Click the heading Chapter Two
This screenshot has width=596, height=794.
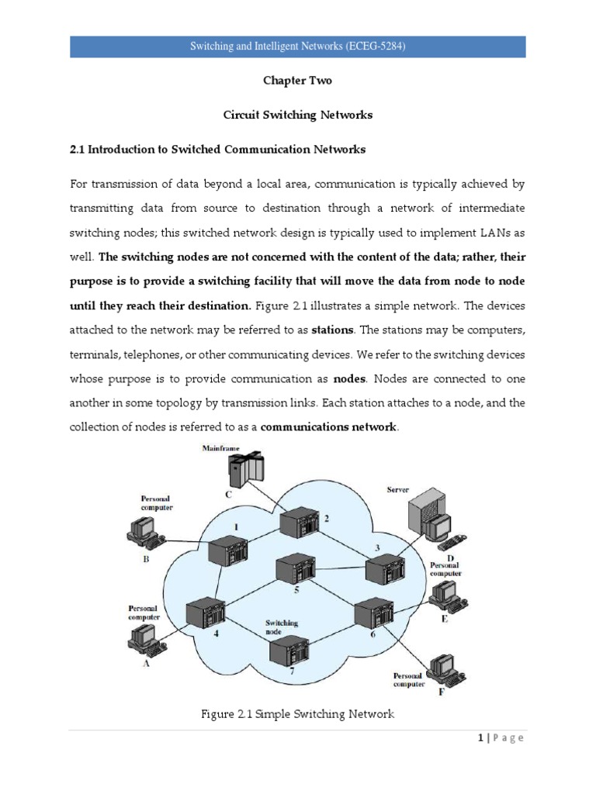[x=298, y=81]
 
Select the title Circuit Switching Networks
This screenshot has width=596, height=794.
[x=298, y=115]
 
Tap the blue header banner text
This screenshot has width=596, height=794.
[x=298, y=47]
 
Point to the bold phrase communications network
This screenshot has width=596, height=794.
[x=329, y=427]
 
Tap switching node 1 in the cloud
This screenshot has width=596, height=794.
[x=227, y=551]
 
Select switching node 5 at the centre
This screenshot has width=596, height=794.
[x=293, y=569]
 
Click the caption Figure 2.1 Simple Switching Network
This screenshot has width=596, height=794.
[x=298, y=714]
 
